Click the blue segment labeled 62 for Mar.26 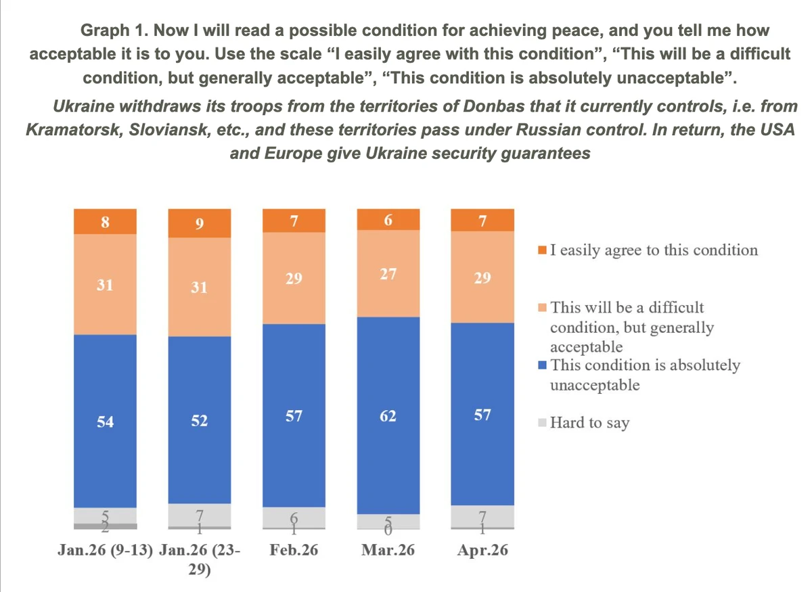[x=388, y=415]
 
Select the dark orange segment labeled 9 [x=200, y=223]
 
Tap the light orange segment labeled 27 [x=388, y=273]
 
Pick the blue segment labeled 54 [x=105, y=421]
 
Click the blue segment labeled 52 [x=200, y=420]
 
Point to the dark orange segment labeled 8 [x=105, y=221]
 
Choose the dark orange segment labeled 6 [x=388, y=219]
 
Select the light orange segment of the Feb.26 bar [x=294, y=278]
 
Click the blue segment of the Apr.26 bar [x=482, y=414]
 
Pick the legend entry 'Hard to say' [x=589, y=424]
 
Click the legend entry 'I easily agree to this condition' [x=654, y=250]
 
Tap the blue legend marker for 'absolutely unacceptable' [x=543, y=366]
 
